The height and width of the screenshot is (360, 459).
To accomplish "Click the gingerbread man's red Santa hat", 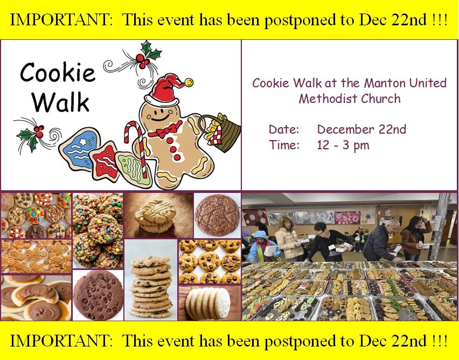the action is click(165, 90).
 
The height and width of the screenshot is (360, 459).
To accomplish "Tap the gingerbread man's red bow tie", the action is click(165, 130).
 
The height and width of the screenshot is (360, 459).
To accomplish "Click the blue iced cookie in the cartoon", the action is click(80, 149).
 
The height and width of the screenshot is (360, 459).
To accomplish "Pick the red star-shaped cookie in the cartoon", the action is click(104, 161).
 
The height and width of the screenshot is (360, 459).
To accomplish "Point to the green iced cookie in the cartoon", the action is click(134, 169).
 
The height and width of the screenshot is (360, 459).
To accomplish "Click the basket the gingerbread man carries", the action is click(221, 133).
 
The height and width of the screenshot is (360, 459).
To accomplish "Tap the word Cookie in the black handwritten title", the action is click(58, 72).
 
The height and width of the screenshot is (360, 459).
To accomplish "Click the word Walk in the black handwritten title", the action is click(60, 102).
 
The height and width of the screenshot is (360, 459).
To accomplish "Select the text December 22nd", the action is click(361, 129).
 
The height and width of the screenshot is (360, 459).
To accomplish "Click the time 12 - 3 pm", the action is click(343, 145).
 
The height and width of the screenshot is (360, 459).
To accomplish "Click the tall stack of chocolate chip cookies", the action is click(151, 287).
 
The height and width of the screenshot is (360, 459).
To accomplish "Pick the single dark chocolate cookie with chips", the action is click(99, 295).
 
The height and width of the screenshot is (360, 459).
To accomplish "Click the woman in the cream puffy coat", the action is click(288, 238).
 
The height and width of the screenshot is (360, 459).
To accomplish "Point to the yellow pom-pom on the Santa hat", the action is click(189, 82).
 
